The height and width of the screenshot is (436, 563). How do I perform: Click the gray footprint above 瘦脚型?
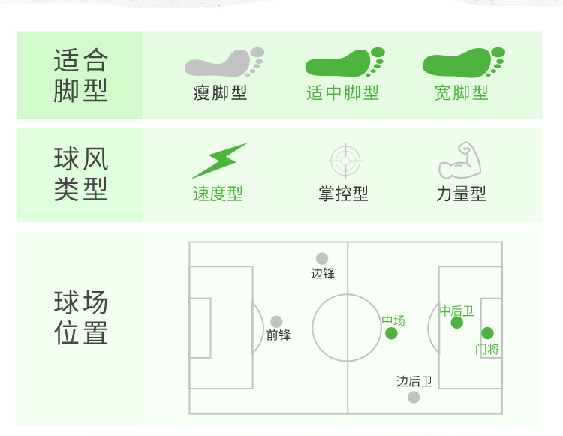click(223, 63)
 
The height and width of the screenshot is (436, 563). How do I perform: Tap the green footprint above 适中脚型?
click(343, 63)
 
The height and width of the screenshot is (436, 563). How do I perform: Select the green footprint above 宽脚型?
click(462, 63)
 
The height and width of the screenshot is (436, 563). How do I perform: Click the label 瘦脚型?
click(220, 93)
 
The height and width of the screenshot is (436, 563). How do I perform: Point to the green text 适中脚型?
click(342, 93)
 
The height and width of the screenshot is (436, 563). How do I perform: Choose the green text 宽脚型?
click(462, 93)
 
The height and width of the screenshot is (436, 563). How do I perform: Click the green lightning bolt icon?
click(218, 161)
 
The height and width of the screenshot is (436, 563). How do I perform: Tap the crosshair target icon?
click(346, 160)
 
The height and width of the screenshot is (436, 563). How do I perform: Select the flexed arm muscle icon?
click(459, 160)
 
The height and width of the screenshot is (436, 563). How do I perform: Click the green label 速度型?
click(218, 194)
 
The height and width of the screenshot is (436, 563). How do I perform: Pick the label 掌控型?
click(343, 194)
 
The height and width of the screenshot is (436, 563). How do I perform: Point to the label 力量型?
click(461, 194)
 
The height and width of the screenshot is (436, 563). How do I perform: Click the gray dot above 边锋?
click(322, 259)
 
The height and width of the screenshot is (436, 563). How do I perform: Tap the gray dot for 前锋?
click(277, 322)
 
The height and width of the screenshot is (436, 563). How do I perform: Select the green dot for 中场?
click(391, 333)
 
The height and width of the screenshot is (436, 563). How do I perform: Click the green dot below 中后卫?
click(457, 323)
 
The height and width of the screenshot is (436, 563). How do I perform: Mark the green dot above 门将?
click(488, 333)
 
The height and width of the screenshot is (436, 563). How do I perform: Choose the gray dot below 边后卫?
click(414, 397)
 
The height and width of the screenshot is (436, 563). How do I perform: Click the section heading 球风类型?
click(81, 174)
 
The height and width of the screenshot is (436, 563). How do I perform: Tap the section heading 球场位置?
click(81, 318)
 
